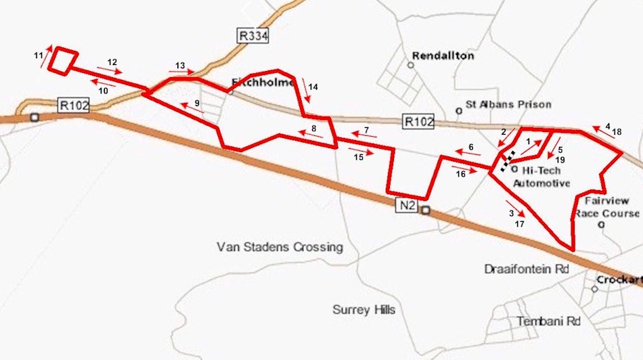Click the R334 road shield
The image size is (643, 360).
tap(254, 35)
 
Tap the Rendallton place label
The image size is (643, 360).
tap(443, 55)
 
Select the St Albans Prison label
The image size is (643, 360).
tap(508, 104)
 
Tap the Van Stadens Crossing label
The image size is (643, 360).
tap(280, 247)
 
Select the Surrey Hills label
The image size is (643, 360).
tap(364, 310)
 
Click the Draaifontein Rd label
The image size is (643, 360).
tap(525, 269)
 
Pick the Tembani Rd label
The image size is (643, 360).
tap(549, 321)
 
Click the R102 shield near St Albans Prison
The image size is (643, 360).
tap(418, 122)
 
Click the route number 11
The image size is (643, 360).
tap(37, 54)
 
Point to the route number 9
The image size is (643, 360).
tap(196, 103)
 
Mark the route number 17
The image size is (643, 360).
tap(519, 223)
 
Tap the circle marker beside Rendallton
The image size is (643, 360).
tap(410, 65)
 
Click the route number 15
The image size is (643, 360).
tap(359, 158)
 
